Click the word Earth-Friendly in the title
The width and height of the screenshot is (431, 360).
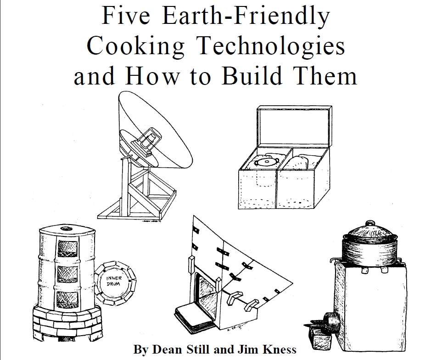pos(246,16)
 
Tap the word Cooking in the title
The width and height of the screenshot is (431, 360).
pos(136,46)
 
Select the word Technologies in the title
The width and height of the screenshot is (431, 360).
pos(271,46)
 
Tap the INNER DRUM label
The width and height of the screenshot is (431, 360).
pos(113,281)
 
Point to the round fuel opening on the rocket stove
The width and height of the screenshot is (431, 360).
pos(330,322)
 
